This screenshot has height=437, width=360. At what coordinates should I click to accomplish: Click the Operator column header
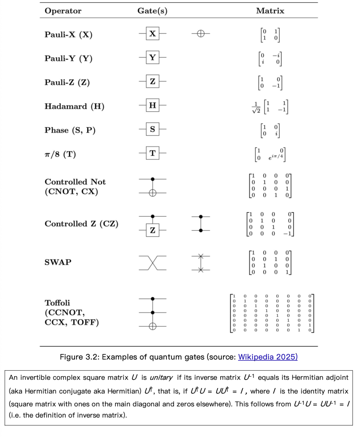(63, 11)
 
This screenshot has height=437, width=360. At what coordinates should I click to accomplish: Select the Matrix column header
(270, 11)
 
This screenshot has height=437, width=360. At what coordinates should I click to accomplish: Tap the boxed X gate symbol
(153, 34)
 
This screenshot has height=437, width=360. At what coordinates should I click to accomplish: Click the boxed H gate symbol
(153, 106)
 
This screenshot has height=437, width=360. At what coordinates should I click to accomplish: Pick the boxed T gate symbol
(153, 153)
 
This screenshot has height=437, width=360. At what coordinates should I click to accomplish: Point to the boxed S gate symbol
(153, 129)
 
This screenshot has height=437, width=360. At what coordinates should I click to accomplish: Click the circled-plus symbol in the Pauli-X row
(201, 34)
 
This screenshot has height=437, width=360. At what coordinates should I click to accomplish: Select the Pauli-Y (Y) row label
(68, 59)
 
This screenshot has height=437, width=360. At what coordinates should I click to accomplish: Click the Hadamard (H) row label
(74, 107)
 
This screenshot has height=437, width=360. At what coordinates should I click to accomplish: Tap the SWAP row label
(58, 262)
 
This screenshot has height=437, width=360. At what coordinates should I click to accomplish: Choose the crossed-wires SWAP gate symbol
(153, 263)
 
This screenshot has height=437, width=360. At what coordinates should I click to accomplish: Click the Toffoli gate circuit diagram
(153, 313)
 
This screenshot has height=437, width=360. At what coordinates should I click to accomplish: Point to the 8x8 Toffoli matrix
(272, 313)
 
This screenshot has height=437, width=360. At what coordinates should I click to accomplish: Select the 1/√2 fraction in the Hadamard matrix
(256, 107)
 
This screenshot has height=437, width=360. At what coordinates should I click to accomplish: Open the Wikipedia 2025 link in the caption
(268, 357)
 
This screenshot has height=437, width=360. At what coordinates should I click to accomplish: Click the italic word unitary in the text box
(161, 378)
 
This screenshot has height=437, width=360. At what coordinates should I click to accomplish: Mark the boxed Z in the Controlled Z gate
(153, 230)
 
